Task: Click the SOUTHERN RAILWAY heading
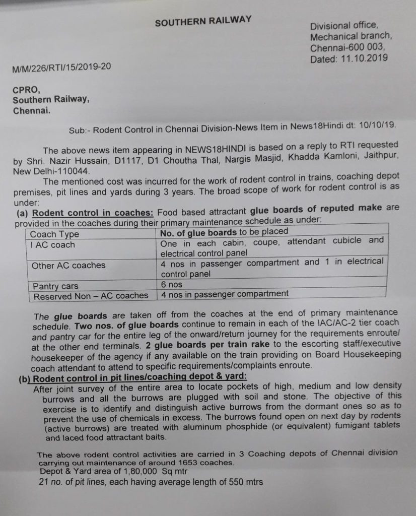tap(203, 22)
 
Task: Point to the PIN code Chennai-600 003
tap(348, 48)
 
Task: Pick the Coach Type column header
tap(54, 234)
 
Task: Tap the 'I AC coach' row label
tap(52, 245)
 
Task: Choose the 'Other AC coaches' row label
tap(68, 265)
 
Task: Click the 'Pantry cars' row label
tap(55, 286)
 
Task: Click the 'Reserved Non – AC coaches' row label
tap(91, 296)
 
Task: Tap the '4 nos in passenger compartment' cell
tap(225, 294)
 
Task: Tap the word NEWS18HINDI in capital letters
tap(210, 150)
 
